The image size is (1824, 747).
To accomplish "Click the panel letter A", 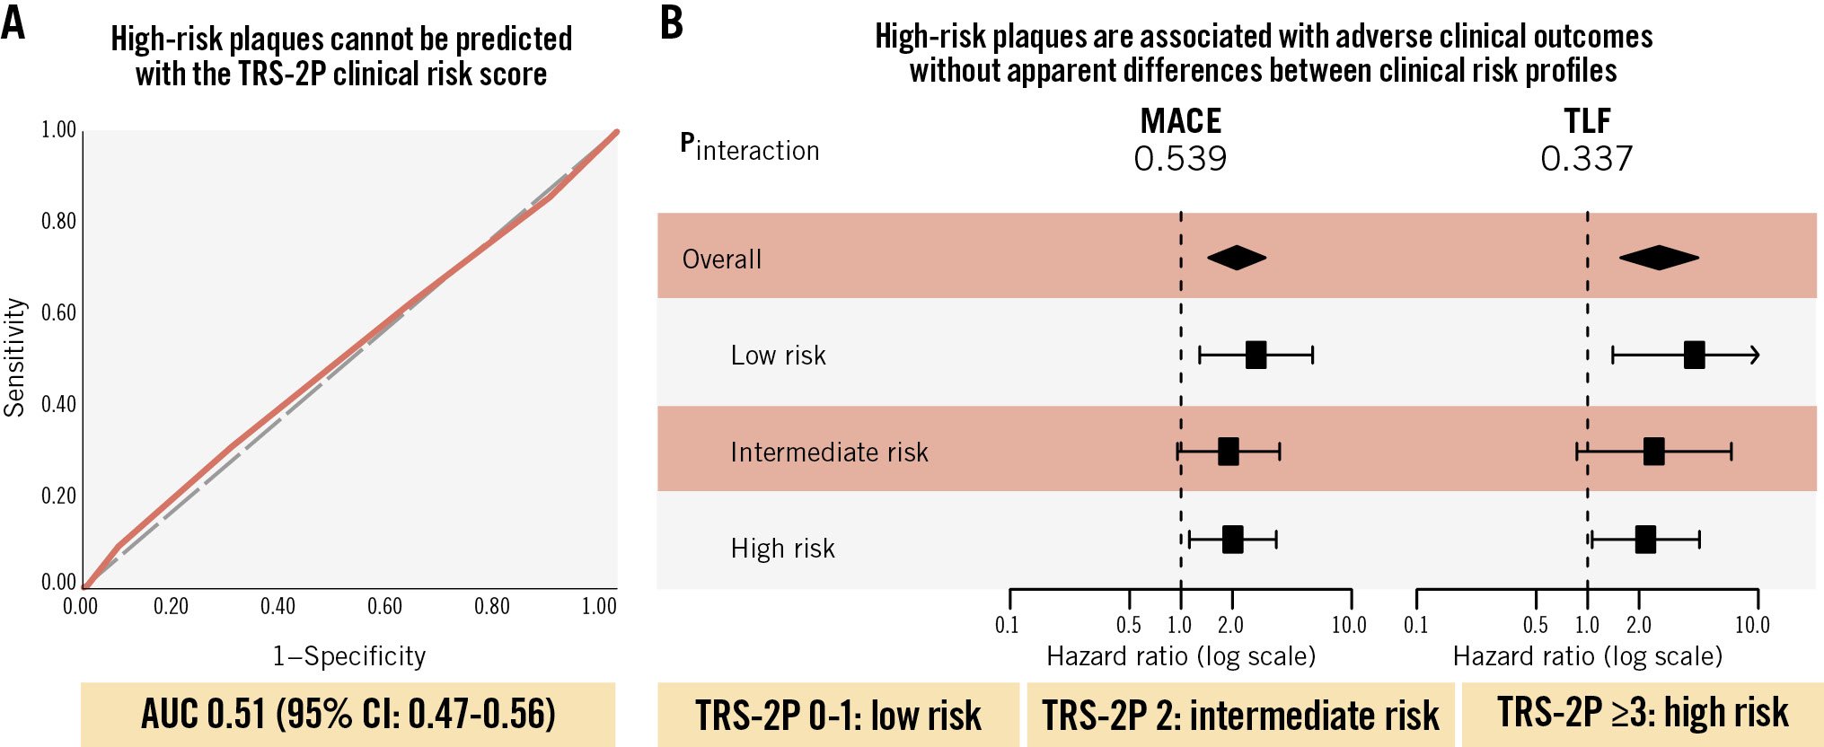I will (13, 22).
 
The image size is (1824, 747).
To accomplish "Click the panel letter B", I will (671, 22).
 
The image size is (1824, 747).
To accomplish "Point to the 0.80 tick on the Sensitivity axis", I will (59, 221).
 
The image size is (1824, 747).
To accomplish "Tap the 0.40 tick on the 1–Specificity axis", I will (278, 607).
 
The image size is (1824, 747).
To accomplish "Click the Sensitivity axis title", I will (14, 357).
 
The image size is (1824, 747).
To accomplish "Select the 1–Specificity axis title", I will (349, 656).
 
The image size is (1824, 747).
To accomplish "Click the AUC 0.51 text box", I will (348, 715).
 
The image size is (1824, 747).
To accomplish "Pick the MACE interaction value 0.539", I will (1180, 159).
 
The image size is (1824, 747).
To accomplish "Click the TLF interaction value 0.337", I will (1587, 159).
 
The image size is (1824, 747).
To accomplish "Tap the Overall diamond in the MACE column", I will (1237, 258).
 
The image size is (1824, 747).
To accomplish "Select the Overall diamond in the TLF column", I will (1659, 258).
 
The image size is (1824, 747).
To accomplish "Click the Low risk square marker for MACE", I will (1256, 355).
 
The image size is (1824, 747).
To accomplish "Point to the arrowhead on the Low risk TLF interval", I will (1755, 355).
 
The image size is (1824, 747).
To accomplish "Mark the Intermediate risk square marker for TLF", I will (1653, 451).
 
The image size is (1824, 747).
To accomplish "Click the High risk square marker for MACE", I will (1232, 540).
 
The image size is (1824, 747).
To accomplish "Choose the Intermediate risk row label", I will (829, 452).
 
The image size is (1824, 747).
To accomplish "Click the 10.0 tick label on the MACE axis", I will (1349, 625).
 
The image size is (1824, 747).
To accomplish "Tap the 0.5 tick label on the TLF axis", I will (1535, 625).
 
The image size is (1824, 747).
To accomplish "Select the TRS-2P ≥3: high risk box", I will (1643, 714).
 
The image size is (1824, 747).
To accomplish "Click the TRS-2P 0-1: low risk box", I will (838, 716).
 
